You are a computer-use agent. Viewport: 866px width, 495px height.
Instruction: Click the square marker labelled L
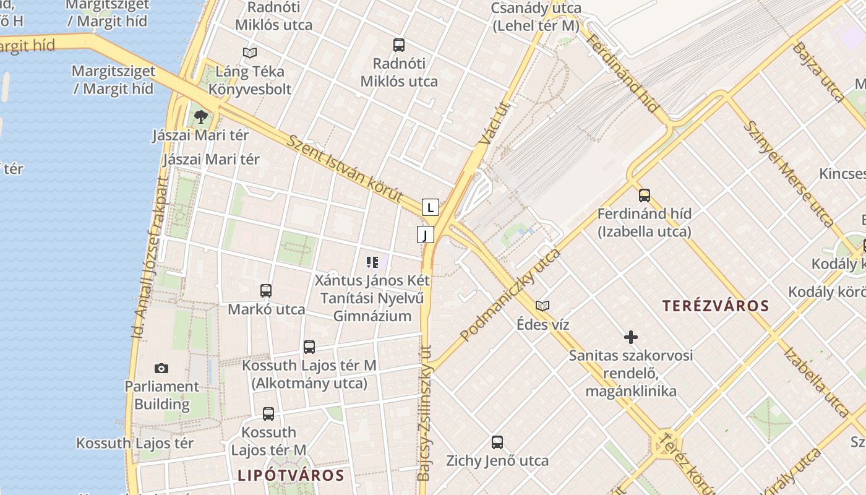431,207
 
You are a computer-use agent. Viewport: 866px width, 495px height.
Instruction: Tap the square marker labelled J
426,235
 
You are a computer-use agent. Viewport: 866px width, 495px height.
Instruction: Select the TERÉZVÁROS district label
716,306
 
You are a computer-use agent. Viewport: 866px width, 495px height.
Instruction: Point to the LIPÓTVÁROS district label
291,475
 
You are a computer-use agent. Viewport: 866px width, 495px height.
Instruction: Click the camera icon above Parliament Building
161,369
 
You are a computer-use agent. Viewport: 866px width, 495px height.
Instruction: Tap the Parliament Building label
162,395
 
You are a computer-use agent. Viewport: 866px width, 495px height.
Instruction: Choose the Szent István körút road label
345,167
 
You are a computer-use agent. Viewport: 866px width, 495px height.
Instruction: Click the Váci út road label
493,124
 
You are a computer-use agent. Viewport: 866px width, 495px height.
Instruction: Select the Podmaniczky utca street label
510,295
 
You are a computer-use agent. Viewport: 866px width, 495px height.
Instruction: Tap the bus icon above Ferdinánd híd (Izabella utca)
645,196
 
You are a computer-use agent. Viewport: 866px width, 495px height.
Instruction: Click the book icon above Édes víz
542,306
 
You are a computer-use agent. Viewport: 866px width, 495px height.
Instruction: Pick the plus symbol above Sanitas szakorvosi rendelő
630,337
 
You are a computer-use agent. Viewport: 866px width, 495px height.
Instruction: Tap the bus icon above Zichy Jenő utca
497,442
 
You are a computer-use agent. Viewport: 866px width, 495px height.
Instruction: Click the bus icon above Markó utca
266,291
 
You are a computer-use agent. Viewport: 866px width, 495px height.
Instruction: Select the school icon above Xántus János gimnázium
372,262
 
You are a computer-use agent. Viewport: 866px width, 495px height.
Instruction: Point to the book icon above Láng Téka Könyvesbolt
249,53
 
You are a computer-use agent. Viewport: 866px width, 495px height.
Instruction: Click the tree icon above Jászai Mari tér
200,116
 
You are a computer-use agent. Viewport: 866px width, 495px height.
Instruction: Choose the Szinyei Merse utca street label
788,173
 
